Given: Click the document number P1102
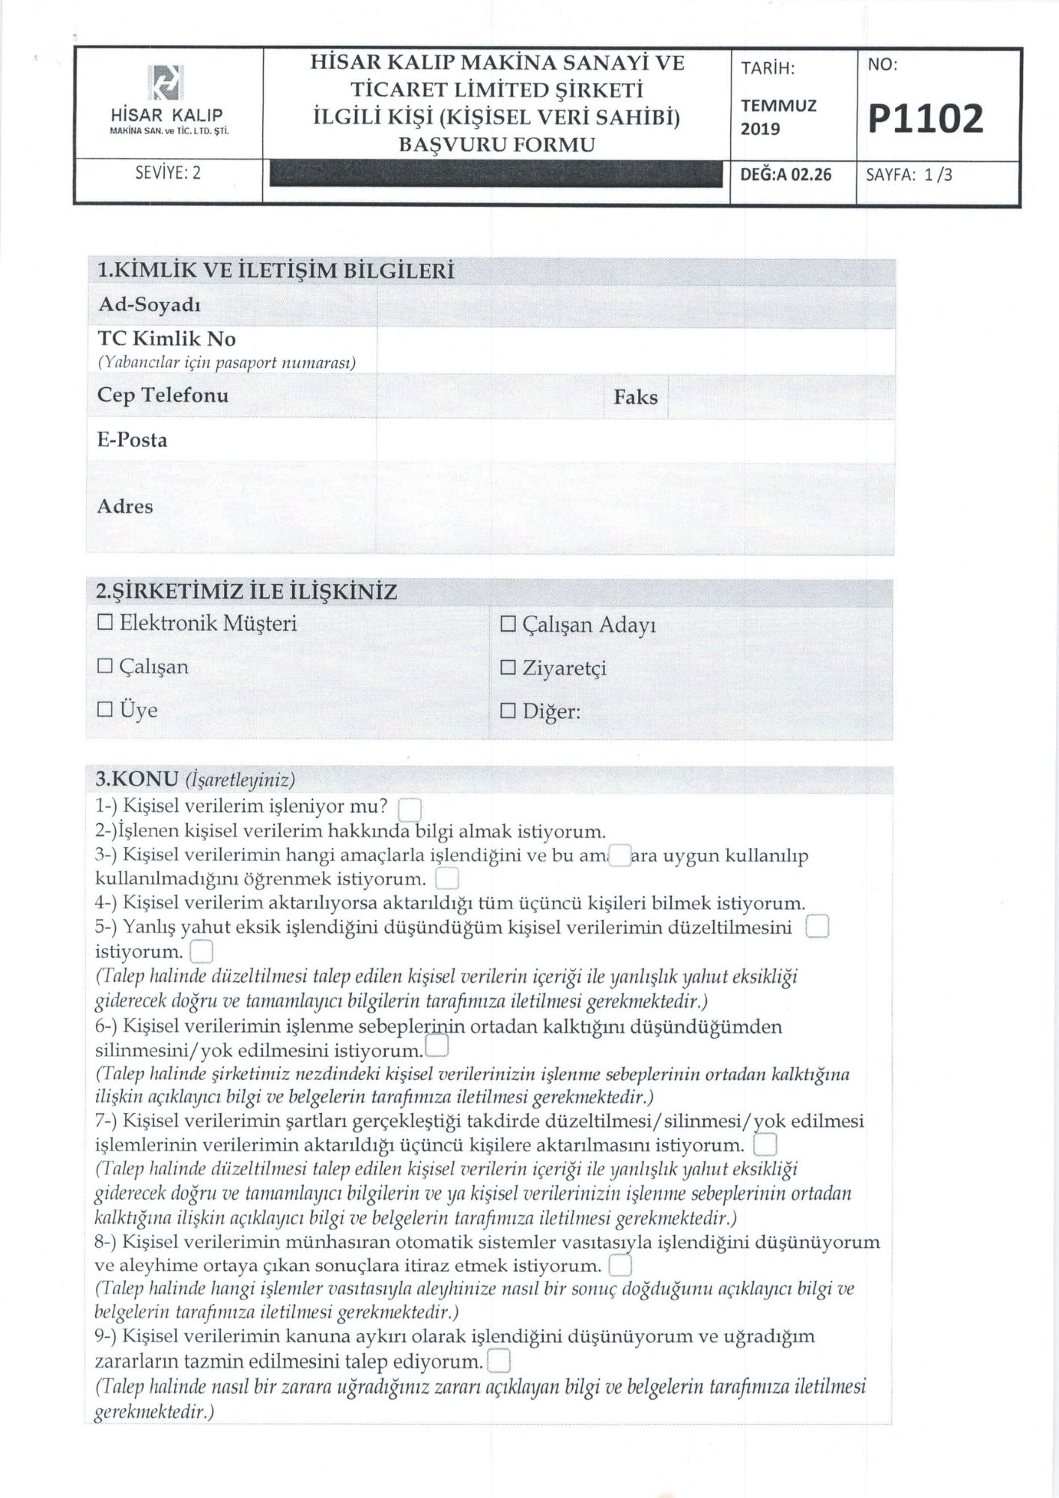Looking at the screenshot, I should [x=926, y=120].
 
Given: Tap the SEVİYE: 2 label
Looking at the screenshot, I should [x=168, y=174].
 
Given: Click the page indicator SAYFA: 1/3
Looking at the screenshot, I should [x=909, y=175].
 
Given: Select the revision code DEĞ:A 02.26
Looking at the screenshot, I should [x=786, y=175].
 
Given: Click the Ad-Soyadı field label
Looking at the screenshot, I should [x=149, y=306].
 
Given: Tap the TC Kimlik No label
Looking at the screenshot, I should [x=166, y=339].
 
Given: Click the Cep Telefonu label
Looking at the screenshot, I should [x=163, y=395].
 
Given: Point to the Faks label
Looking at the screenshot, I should [x=635, y=397].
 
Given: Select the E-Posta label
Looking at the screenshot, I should [x=132, y=440].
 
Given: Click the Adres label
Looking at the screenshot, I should [x=125, y=507].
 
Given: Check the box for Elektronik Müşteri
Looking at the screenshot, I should [x=105, y=623].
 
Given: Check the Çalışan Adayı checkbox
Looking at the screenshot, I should [x=508, y=625].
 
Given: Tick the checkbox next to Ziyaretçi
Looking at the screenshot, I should [x=508, y=668].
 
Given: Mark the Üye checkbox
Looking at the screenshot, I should [x=105, y=709].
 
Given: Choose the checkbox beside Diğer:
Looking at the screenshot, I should [x=508, y=712].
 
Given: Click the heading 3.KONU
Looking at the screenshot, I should [x=136, y=779].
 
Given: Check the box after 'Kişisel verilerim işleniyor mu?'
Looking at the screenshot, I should [x=410, y=810].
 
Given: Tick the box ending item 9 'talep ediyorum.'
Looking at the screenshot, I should [x=498, y=1361].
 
